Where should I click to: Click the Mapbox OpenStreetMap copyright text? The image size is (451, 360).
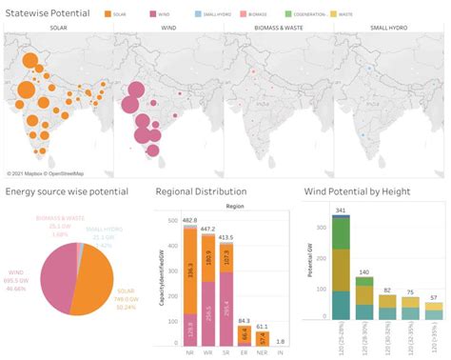pos(46,173)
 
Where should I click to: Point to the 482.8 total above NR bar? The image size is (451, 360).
pos(189,220)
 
